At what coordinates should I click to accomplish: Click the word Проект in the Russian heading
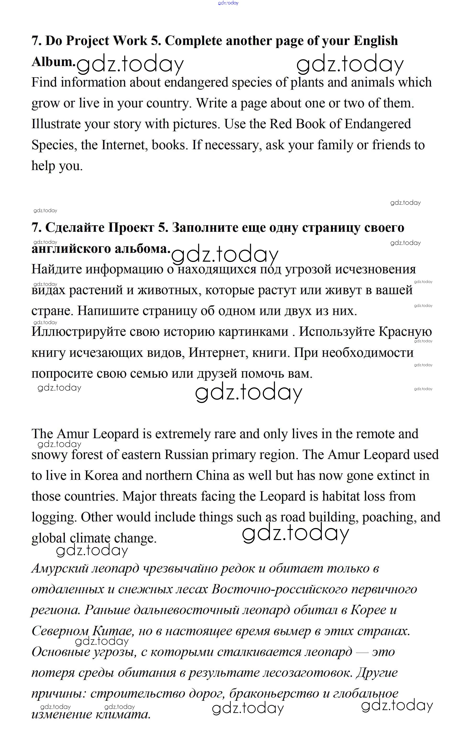[131, 228]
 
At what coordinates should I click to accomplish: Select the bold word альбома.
[142, 248]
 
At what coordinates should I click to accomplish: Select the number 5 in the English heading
[154, 41]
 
